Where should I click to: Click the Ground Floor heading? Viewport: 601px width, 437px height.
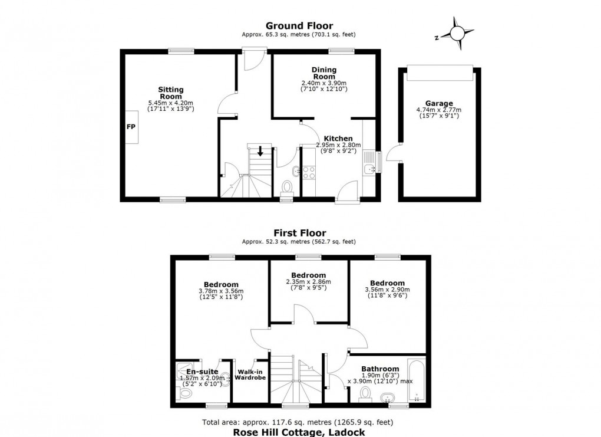click(x=299, y=26)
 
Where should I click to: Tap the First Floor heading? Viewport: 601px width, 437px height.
click(x=300, y=233)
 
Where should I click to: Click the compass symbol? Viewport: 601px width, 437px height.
click(x=457, y=34)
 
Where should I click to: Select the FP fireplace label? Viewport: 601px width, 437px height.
click(x=131, y=127)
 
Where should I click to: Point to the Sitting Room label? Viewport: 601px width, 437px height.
click(x=171, y=93)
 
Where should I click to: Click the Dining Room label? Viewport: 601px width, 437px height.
click(x=324, y=73)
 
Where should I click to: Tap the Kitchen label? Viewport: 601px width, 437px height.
click(x=338, y=139)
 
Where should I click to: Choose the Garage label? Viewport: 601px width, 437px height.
click(x=439, y=103)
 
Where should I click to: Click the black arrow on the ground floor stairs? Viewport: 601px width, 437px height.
click(x=260, y=151)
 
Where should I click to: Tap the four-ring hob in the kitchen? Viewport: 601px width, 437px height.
click(x=309, y=173)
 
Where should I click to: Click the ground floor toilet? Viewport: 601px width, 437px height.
click(x=286, y=187)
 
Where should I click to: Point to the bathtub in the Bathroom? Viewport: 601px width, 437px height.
click(x=417, y=380)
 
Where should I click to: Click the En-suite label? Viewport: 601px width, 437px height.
click(x=202, y=372)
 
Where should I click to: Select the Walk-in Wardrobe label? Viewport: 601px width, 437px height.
click(x=250, y=374)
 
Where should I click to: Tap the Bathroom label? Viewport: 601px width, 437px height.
click(x=380, y=369)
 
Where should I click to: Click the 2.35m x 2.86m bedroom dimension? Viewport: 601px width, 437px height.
click(x=309, y=282)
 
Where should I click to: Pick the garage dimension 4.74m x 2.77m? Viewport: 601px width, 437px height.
click(x=439, y=110)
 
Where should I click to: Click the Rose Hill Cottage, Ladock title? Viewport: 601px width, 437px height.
click(x=299, y=432)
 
